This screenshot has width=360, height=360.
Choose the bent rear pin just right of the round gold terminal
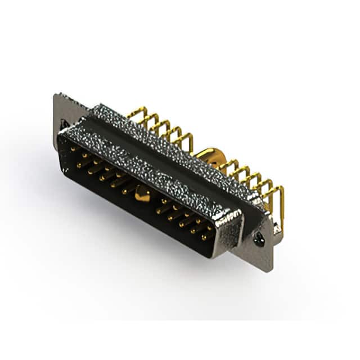(228, 166)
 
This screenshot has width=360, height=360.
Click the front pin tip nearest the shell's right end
(208, 236)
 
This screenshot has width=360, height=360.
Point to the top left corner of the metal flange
(57, 94)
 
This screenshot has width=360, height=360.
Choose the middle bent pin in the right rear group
(253, 180)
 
